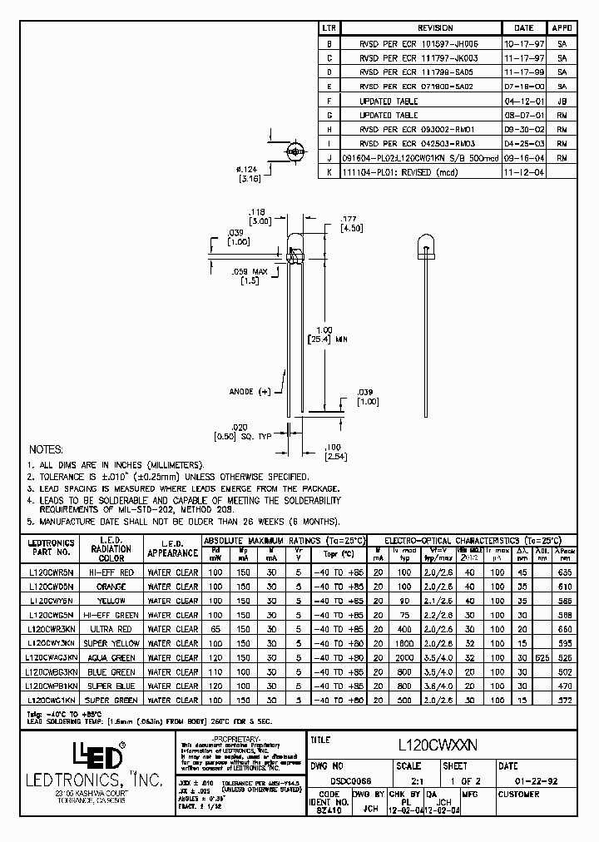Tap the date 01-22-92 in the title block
tap(528, 780)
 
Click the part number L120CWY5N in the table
tap(51, 600)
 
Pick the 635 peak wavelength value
tap(566, 572)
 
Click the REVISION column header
tap(435, 28)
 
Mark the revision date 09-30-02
tap(520, 129)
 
